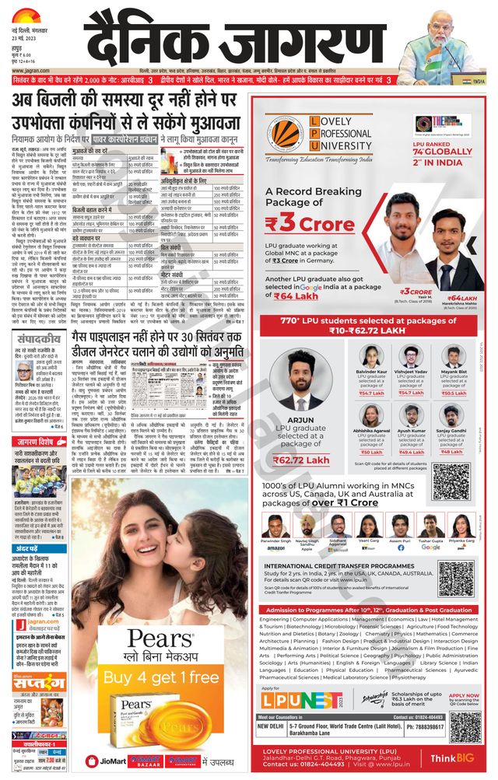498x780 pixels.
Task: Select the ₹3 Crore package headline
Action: tap(307, 222)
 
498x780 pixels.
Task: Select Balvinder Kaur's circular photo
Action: tap(370, 356)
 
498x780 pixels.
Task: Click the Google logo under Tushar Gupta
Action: tap(430, 547)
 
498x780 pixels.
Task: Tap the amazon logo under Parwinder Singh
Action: tap(275, 548)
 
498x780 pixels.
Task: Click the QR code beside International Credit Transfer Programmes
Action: tap(455, 578)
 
